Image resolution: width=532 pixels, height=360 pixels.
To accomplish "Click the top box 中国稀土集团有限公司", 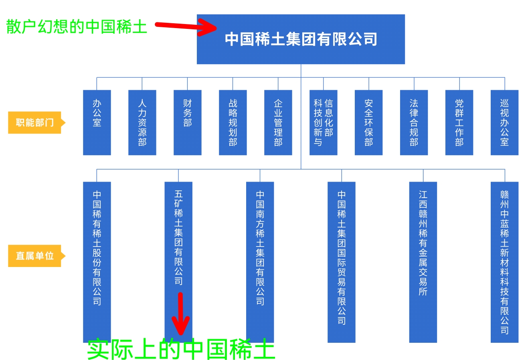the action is pyautogui.click(x=301, y=39).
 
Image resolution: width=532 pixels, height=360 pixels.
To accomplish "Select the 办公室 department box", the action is pyautogui.click(x=97, y=123).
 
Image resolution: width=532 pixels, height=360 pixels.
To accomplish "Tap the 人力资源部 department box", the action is pyautogui.click(x=142, y=123).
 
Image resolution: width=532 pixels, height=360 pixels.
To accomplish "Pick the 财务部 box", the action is pyautogui.click(x=188, y=123).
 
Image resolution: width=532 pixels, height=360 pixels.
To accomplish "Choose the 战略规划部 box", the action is pyautogui.click(x=233, y=123).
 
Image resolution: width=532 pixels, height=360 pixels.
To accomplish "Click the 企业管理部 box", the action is pyautogui.click(x=278, y=123).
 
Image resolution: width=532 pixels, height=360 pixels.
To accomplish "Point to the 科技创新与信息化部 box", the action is pyautogui.click(x=324, y=123).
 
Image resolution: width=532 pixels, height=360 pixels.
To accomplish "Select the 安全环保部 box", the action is pyautogui.click(x=368, y=123).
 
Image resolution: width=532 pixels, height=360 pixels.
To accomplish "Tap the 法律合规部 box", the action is pyautogui.click(x=414, y=123).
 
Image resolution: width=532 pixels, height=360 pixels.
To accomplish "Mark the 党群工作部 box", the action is pyautogui.click(x=459, y=123).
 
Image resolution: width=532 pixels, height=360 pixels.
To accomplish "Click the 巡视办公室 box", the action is pyautogui.click(x=505, y=123).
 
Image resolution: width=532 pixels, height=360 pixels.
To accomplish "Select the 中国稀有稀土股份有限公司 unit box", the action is pyautogui.click(x=97, y=262).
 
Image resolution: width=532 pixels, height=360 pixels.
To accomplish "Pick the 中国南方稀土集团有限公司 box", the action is pyautogui.click(x=260, y=262).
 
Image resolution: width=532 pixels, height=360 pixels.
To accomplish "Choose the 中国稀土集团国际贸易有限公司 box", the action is pyautogui.click(x=342, y=262).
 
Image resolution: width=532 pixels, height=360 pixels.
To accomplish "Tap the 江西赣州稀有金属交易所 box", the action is pyautogui.click(x=423, y=262).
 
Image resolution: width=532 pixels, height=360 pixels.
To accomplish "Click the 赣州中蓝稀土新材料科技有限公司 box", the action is pyautogui.click(x=505, y=262).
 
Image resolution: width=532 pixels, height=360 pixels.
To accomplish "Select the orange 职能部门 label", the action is pyautogui.click(x=37, y=123).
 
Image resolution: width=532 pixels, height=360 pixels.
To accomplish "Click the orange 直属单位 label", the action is pyautogui.click(x=37, y=256).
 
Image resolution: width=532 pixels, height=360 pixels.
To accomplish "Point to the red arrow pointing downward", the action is pyautogui.click(x=180, y=313).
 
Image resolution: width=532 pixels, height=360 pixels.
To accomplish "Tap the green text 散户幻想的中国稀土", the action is pyautogui.click(x=77, y=26).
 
